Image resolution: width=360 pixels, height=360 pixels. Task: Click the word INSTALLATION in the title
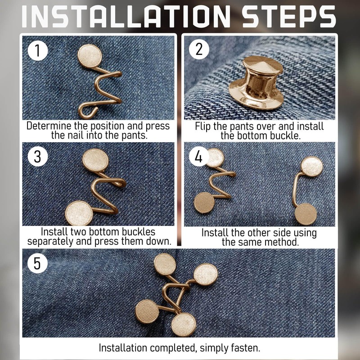coord(126,17)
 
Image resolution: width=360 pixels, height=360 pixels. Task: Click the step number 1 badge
coord(38,51)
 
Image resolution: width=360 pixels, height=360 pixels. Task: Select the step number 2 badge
coord(199,49)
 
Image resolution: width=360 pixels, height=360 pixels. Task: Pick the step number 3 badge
coord(38,157)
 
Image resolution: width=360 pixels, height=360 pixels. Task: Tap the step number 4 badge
coord(199,157)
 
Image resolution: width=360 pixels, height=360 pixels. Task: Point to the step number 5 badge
coord(37,263)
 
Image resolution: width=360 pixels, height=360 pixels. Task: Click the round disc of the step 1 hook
coord(90,56)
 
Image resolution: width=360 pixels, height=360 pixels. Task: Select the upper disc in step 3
coord(95,160)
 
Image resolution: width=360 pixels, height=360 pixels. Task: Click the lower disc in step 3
coord(79,213)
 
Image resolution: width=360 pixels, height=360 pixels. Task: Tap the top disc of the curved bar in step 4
coord(312,166)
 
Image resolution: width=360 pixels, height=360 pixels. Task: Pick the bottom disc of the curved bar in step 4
coord(306,214)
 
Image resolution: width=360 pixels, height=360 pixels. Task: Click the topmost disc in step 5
coord(165,264)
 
